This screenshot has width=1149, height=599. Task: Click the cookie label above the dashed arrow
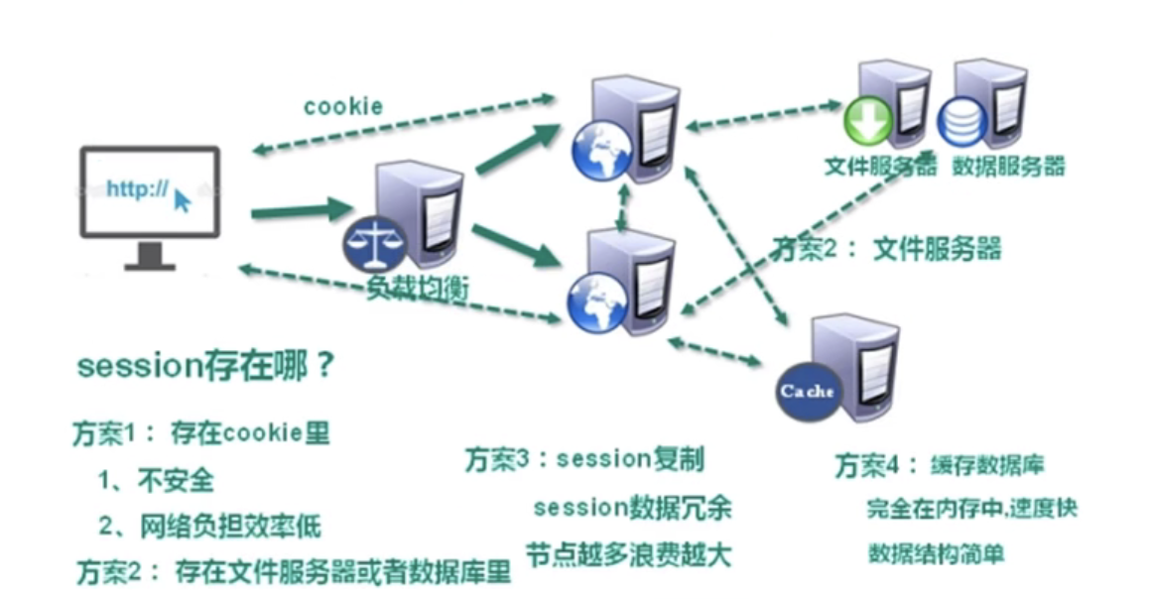pyautogui.click(x=343, y=106)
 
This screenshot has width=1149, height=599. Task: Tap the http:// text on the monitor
pyautogui.click(x=137, y=189)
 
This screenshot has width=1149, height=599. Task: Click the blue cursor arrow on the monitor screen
pyautogui.click(x=183, y=201)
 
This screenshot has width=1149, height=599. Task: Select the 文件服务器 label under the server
pyautogui.click(x=880, y=166)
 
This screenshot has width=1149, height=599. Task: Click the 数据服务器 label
pyautogui.click(x=1008, y=166)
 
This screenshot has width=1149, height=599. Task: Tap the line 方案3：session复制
pyautogui.click(x=584, y=459)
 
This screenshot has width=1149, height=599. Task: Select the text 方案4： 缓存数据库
pyautogui.click(x=938, y=464)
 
